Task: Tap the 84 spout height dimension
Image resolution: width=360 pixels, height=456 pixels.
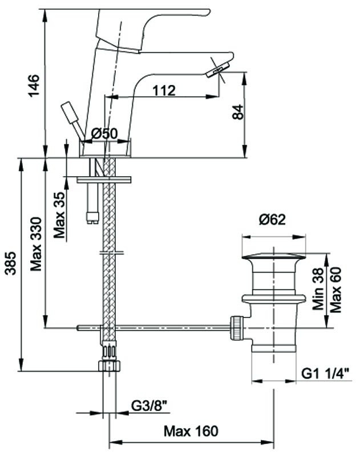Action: pos(237,114)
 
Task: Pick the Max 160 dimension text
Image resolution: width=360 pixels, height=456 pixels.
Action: pos(191,430)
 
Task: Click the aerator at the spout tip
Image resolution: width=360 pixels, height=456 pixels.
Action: pos(216,70)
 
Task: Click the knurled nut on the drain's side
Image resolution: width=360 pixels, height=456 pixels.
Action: pos(236,327)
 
